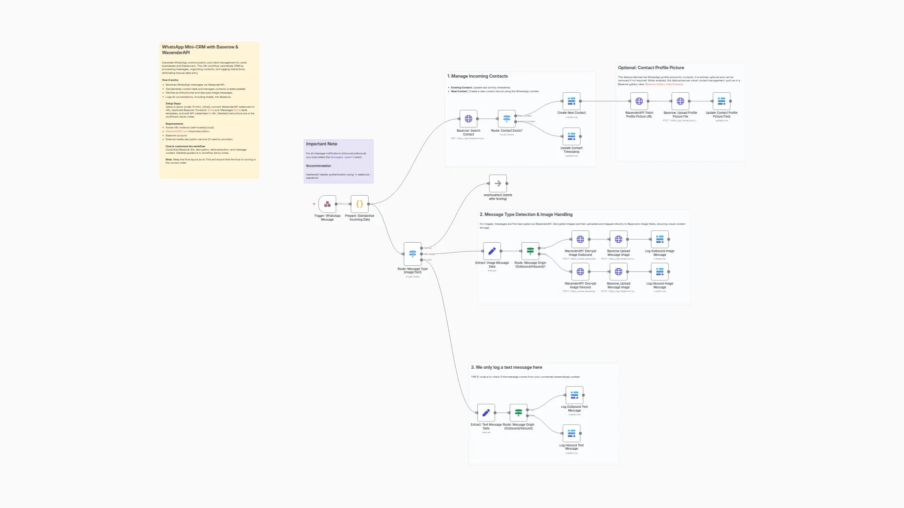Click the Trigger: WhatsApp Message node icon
pyautogui.click(x=327, y=204)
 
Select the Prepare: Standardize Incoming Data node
pyautogui.click(x=359, y=204)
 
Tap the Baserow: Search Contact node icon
pyautogui.click(x=468, y=119)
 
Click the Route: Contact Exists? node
pyautogui.click(x=507, y=119)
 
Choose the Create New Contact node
pyautogui.click(x=571, y=101)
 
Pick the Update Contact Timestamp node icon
pyautogui.click(x=571, y=136)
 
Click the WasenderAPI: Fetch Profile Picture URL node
pyautogui.click(x=639, y=101)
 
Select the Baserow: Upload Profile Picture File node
pyautogui.click(x=680, y=101)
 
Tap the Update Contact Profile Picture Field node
pyautogui.click(x=721, y=101)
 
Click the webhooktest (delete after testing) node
pyautogui.click(x=498, y=183)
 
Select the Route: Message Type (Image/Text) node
pyautogui.click(x=412, y=254)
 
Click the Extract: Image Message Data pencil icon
pyautogui.click(x=492, y=251)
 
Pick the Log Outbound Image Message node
pyautogui.click(x=660, y=239)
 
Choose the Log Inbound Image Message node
pyautogui.click(x=660, y=272)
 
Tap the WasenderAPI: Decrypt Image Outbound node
pyautogui.click(x=580, y=239)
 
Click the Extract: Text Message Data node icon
pyautogui.click(x=486, y=413)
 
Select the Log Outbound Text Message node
pyautogui.click(x=574, y=395)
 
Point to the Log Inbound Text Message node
pyautogui.click(x=571, y=433)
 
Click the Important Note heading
pyautogui.click(x=322, y=144)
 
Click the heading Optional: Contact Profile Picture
pyautogui.click(x=651, y=68)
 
